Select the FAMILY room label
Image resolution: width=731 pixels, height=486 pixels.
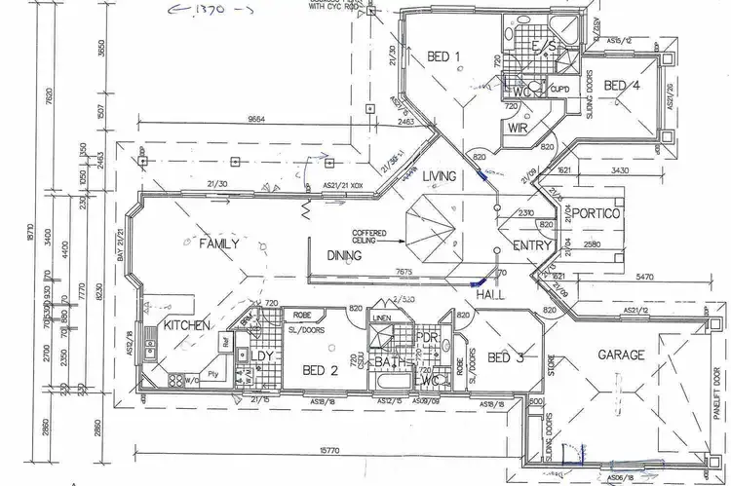[x=219, y=243]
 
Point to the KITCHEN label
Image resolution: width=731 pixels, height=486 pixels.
[x=187, y=324]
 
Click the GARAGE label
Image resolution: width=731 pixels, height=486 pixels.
[x=621, y=355]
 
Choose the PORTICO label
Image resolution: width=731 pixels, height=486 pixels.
[x=596, y=213]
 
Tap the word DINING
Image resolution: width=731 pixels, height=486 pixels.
[x=345, y=256]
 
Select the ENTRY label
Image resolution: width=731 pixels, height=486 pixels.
[x=532, y=246]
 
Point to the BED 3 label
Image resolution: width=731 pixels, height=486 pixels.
[x=506, y=357]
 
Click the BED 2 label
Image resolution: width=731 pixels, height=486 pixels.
[x=321, y=370]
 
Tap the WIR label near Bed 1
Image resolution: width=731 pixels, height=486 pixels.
[x=518, y=127]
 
